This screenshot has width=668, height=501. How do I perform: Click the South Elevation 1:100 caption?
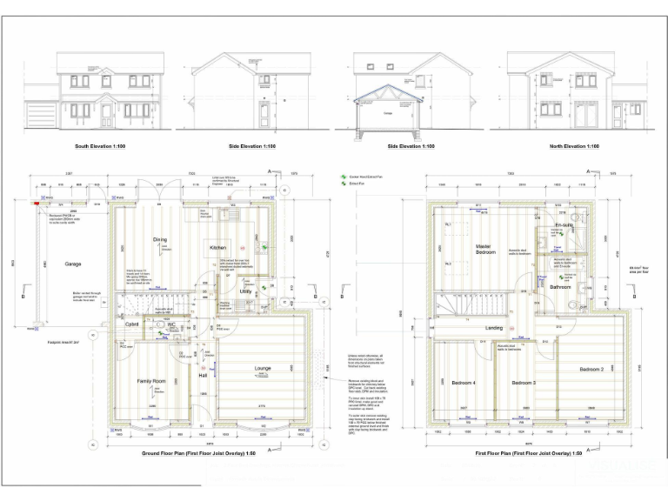coord(100,146)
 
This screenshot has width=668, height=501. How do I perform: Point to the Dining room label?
coord(160,239)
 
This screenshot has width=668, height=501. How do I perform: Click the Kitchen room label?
coord(217,248)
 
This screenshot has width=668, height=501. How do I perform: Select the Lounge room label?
coord(263,369)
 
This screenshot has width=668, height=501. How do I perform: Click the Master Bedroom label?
coord(484,249)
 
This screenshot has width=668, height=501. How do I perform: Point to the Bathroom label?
coord(560,286)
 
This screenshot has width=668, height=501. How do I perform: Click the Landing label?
coord(494,327)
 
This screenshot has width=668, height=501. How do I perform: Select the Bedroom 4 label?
coord(464,383)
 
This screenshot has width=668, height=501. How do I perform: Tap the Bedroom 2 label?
coord(591,371)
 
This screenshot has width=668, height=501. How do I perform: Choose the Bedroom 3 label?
coord(523,383)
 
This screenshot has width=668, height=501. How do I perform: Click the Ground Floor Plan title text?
coord(199,454)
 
